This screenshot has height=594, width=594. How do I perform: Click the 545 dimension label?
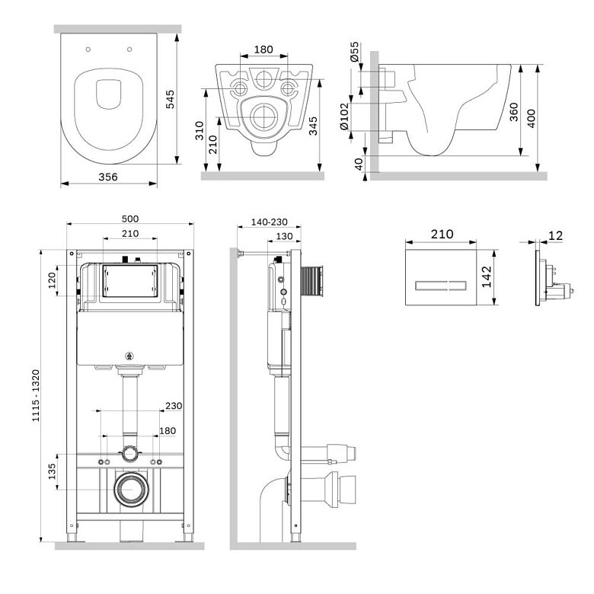pyautogui.click(x=170, y=99)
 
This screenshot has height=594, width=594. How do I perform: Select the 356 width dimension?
pyautogui.click(x=108, y=177)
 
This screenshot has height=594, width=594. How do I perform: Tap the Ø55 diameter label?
pyautogui.click(x=354, y=52)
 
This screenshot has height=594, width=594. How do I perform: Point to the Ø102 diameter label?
pyautogui.click(x=343, y=117)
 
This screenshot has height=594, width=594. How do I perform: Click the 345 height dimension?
pyautogui.click(x=313, y=126)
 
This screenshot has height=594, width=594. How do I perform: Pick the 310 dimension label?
pyautogui.click(x=200, y=130)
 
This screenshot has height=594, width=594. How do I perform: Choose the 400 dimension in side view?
pyautogui.click(x=531, y=118)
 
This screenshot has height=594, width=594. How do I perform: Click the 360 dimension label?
pyautogui.click(x=513, y=112)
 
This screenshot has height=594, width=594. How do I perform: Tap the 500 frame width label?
pyautogui.click(x=130, y=219)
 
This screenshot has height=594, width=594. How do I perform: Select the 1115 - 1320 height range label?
pyautogui.click(x=36, y=395)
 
